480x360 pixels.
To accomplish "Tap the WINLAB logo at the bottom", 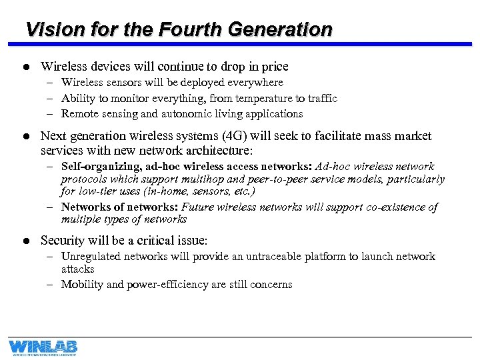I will (x=43, y=347).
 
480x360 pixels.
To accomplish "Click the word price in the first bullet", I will (x=274, y=67).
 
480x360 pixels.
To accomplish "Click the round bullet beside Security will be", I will (x=25, y=241).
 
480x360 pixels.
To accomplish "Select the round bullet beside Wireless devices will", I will (x=25, y=67).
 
